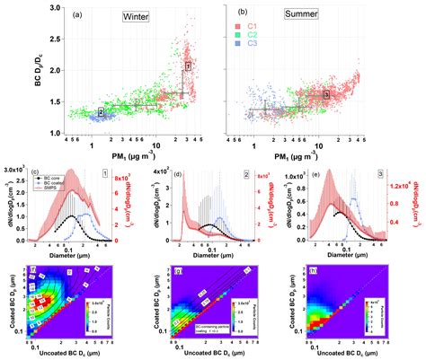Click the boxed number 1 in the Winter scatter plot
(x=188, y=66)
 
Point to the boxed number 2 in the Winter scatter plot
(x=101, y=112)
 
